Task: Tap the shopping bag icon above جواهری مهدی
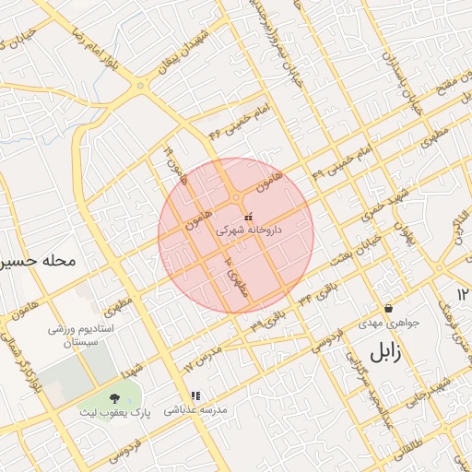click(x=388, y=309)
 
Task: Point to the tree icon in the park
click(x=114, y=397)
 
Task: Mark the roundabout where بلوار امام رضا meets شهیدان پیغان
click(x=140, y=86)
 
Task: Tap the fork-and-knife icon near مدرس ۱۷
click(x=195, y=395)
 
